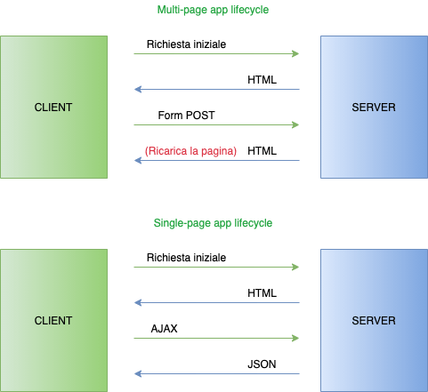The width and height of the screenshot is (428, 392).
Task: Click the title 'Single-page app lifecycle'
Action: [x=213, y=222]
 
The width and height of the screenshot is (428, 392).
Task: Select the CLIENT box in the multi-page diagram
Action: [x=53, y=107]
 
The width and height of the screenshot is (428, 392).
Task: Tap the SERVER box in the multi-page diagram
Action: [x=374, y=107]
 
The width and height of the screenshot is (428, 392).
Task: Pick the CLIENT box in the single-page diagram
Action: [x=53, y=320]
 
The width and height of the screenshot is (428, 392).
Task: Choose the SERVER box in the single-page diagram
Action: [x=374, y=320]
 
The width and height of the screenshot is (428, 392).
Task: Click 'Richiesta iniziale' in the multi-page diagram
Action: [x=186, y=44]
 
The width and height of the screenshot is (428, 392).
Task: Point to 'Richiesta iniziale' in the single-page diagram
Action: [x=186, y=257]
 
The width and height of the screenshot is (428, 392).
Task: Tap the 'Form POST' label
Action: [x=186, y=116]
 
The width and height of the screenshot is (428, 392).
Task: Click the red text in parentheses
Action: [x=190, y=151]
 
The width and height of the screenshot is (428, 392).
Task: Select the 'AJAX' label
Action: [x=165, y=328]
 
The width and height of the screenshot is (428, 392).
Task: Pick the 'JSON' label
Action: [x=262, y=364]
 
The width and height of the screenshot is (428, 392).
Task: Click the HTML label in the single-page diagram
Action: [x=262, y=292]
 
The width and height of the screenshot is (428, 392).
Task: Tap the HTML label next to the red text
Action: [x=262, y=151]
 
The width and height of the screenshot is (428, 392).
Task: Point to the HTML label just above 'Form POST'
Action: [x=262, y=80]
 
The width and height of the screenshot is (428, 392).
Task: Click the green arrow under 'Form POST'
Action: [x=216, y=125]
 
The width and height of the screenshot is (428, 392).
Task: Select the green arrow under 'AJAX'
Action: [x=216, y=339]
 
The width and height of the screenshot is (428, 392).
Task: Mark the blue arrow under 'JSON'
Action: [x=216, y=374]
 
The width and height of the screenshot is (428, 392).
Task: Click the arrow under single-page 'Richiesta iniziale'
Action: [x=216, y=268]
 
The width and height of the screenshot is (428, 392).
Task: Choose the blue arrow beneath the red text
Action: [x=216, y=161]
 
